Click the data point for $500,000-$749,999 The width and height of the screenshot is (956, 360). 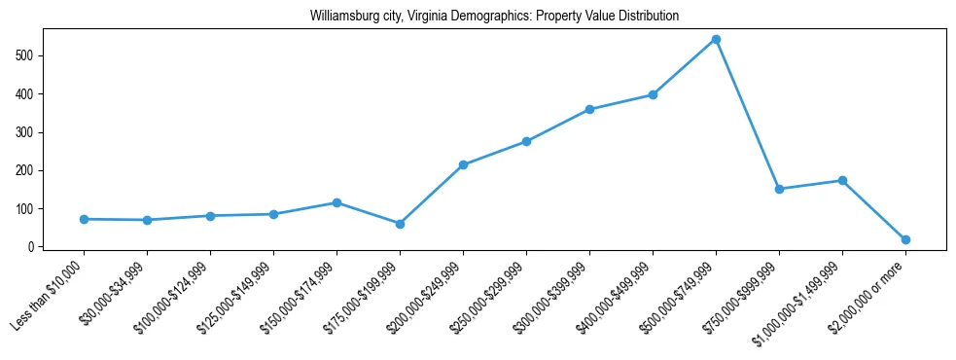716,40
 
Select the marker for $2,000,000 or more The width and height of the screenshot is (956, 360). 905,239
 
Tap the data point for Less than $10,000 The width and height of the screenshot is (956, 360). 84,219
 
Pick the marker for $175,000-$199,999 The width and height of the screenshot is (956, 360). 400,224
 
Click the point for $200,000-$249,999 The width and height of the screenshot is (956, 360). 463,165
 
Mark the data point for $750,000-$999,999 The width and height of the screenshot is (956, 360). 779,189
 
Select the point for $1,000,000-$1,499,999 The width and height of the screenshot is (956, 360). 842,181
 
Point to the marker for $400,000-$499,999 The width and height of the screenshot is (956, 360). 653,95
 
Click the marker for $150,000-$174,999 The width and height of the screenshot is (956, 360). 336,202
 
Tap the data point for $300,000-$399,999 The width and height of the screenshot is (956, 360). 589,109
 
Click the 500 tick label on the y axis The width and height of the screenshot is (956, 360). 24,55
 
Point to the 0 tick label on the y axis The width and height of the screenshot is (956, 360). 30,247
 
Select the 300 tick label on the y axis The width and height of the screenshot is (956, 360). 24,132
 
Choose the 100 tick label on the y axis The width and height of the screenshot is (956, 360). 24,209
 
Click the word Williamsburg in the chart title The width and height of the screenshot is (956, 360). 343,17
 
